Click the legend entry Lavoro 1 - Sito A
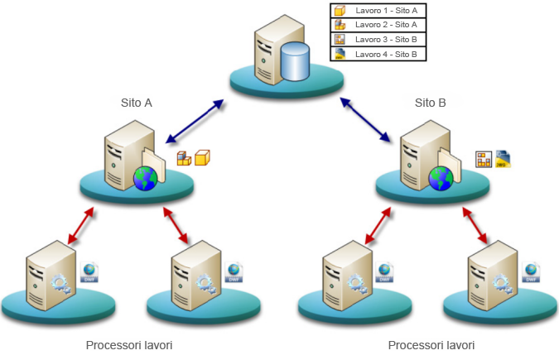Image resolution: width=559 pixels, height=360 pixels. [x=378, y=11]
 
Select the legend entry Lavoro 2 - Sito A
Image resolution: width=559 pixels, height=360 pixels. [x=378, y=25]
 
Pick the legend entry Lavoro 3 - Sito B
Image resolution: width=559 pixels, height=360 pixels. [x=378, y=39]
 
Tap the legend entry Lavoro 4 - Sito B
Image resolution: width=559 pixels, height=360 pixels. [x=378, y=54]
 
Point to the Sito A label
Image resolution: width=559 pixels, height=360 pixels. [x=137, y=103]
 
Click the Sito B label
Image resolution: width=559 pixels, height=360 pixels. [x=431, y=103]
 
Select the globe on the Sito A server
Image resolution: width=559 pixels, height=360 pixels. [x=145, y=177]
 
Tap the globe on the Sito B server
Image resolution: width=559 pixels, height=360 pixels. [x=441, y=177]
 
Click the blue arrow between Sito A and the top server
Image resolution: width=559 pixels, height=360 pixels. [x=195, y=121]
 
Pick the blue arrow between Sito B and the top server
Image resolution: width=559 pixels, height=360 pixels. [x=365, y=119]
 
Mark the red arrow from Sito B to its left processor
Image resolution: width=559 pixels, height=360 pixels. [x=378, y=224]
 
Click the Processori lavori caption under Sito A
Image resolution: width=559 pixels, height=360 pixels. [x=129, y=344]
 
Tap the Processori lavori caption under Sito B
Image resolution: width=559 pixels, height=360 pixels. [x=431, y=344]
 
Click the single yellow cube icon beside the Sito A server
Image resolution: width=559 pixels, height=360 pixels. [x=202, y=156]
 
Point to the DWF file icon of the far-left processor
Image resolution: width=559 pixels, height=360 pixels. [x=90, y=272]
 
